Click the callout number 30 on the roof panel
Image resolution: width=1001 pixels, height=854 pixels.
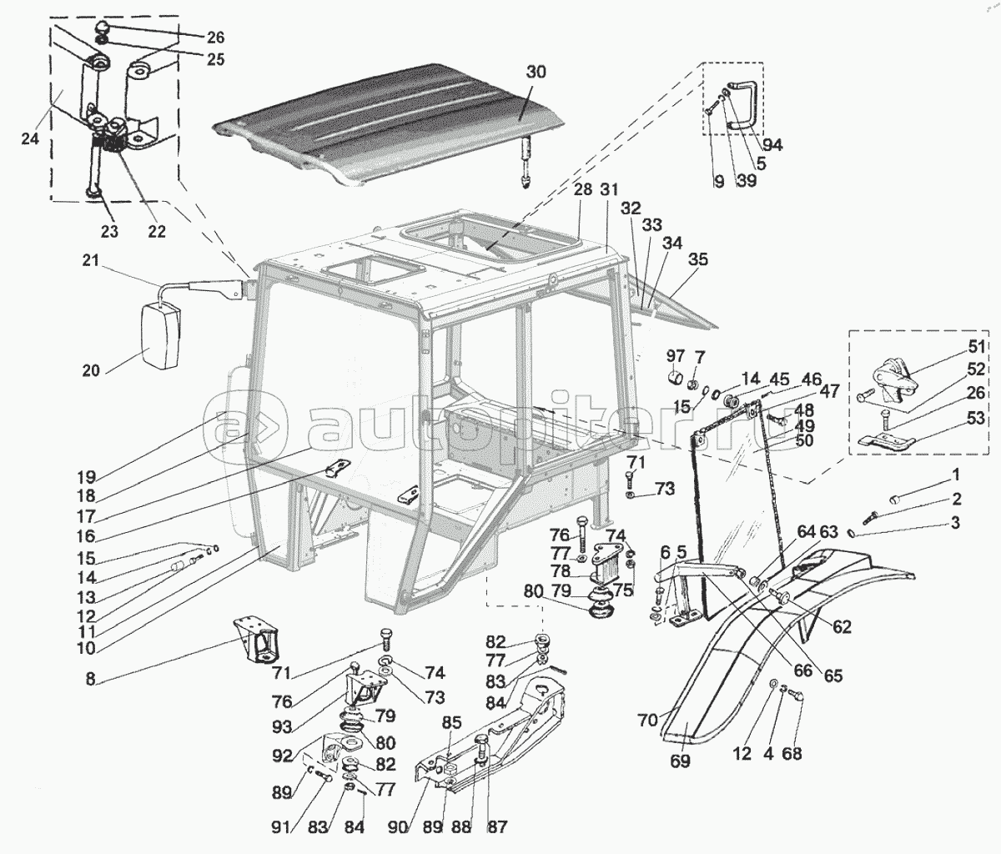pos(536,73)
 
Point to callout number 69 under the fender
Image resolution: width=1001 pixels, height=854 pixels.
pos(681,761)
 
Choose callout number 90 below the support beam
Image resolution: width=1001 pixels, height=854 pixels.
pos(397,828)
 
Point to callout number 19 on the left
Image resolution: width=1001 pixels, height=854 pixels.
pos(87,478)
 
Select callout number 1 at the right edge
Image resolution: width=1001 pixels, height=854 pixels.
pos(956,475)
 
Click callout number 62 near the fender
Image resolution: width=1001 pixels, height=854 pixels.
pos(842,627)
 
